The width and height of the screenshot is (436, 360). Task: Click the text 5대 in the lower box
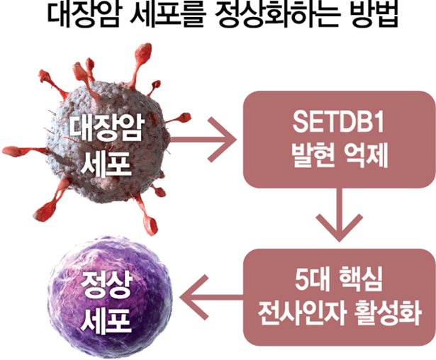click(302, 280)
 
